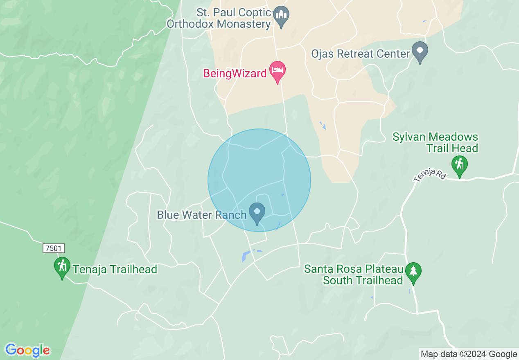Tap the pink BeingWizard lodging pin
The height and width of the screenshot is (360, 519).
click(x=278, y=72)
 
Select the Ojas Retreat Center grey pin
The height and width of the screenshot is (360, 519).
click(x=420, y=52)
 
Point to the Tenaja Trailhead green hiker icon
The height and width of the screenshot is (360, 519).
click(x=62, y=267)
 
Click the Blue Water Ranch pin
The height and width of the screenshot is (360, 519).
click(x=257, y=213)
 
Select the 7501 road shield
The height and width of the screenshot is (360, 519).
click(x=54, y=248)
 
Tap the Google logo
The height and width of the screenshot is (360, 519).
click(x=27, y=350)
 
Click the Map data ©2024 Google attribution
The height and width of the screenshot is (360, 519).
click(x=469, y=354)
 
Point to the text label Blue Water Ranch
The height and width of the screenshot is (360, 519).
click(x=201, y=214)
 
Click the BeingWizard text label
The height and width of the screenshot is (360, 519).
click(x=235, y=74)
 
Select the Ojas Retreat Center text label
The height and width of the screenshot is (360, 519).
click(x=361, y=54)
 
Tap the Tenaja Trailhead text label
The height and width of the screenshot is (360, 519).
click(x=115, y=269)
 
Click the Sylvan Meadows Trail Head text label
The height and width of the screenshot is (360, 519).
click(x=436, y=142)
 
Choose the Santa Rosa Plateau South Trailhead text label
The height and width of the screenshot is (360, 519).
click(x=354, y=275)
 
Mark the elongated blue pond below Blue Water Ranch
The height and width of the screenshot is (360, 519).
click(x=246, y=256)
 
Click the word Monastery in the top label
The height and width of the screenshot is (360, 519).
click(x=244, y=24)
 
